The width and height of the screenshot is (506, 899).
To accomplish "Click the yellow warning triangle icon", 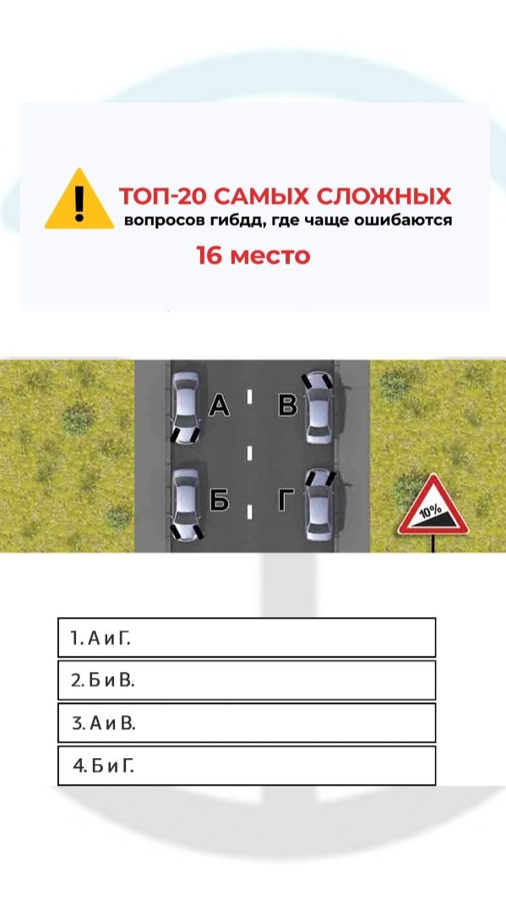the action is coord(79,199).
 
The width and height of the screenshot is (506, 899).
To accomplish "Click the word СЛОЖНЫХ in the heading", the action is coord(384,197).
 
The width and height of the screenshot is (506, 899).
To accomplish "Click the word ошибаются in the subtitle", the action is coord(404,220).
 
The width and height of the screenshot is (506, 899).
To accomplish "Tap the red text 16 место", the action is coord(253,255).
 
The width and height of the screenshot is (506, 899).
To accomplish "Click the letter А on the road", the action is coord(219,405).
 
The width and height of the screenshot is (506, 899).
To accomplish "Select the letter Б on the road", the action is coord(219,501).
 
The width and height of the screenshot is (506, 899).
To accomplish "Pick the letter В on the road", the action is coord(287,405).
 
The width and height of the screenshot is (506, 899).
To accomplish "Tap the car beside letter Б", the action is coord(187,505).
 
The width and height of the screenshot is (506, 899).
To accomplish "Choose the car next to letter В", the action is coord(319,408).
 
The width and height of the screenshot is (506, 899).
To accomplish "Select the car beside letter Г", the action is coord(319,505).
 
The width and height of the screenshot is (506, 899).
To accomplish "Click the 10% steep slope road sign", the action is coord(433,508).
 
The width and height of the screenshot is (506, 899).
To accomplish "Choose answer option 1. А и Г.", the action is coord(247,637).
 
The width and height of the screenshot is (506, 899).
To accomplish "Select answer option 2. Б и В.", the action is coord(247,680).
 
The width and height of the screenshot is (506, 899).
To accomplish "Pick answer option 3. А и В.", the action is coord(247,723).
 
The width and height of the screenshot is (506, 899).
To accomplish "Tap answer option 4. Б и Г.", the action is coord(247,766).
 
